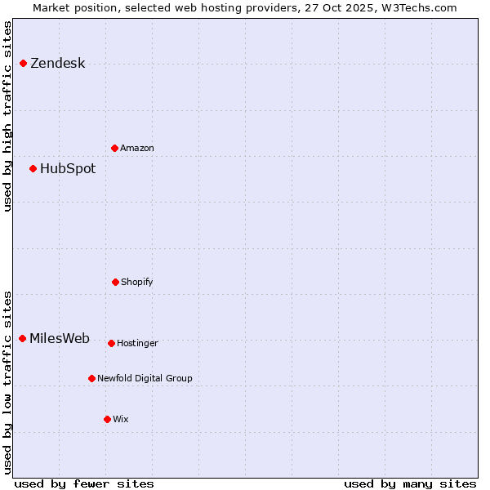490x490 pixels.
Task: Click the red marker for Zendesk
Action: coord(23,64)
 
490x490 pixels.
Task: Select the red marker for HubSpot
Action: coord(33,169)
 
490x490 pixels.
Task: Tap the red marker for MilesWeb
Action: coord(22,339)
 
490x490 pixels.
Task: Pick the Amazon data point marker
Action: coord(114,149)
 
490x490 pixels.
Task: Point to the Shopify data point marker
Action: coord(115,283)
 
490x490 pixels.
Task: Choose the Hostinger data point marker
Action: coord(111,344)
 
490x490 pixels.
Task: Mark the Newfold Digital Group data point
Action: coord(91,379)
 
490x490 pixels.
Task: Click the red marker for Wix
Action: coord(107,420)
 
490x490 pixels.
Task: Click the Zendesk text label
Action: coord(57,64)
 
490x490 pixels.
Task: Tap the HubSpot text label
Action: coord(68,169)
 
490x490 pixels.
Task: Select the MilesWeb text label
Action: coord(60,339)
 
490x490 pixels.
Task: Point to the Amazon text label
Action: coord(137,149)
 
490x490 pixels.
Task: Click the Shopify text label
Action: coord(137,283)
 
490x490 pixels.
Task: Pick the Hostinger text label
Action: coord(137,344)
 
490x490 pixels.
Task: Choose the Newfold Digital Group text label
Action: coord(145,379)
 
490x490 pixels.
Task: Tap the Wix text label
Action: coord(121,420)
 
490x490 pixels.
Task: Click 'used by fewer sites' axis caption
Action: coord(84,483)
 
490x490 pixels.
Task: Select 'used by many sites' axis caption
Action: coord(410,483)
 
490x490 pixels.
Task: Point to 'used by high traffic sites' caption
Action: coord(7,116)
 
